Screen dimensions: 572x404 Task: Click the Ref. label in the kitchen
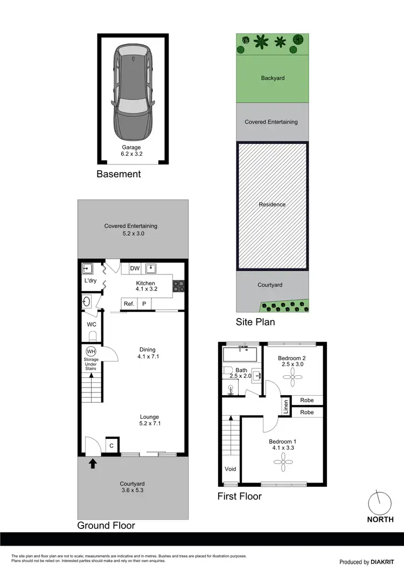pyautogui.click(x=129, y=304)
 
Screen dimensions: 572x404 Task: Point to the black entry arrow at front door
pyautogui.click(x=92, y=463)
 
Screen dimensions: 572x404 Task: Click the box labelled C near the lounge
pyautogui.click(x=112, y=445)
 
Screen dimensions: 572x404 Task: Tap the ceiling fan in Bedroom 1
pyautogui.click(x=281, y=459)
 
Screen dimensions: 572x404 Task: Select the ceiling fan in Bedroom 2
pyautogui.click(x=292, y=380)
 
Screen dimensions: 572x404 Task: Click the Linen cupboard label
pyautogui.click(x=285, y=407)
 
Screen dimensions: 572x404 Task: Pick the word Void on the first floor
pyautogui.click(x=231, y=469)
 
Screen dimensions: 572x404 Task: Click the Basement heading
pyautogui.click(x=119, y=174)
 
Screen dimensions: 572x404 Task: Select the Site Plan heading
pyautogui.click(x=255, y=322)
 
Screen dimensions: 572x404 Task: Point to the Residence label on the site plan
pyautogui.click(x=273, y=205)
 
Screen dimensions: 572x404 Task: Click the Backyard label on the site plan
pyautogui.click(x=273, y=78)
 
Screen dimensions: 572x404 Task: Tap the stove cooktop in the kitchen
pyautogui.click(x=178, y=285)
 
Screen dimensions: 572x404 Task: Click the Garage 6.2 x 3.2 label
pyautogui.click(x=131, y=151)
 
